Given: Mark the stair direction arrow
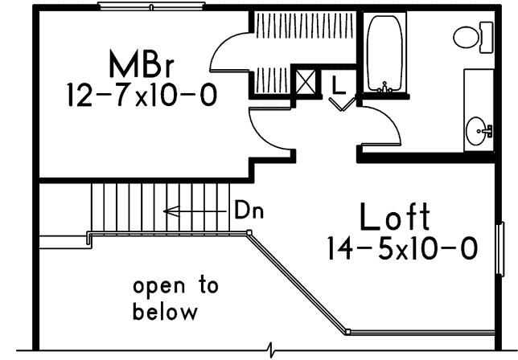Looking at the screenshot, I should pos(194,212).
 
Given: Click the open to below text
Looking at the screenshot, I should pos(175,297).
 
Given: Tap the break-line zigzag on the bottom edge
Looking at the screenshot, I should pos(272,351).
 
